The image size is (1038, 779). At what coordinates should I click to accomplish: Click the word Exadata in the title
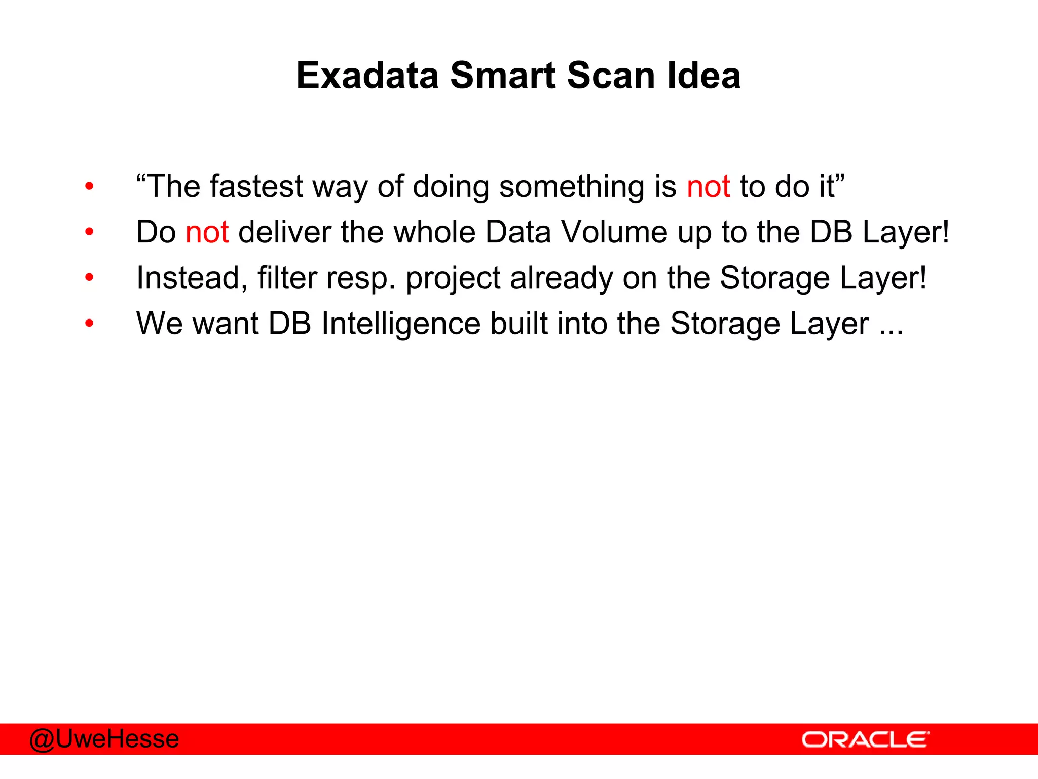(x=367, y=76)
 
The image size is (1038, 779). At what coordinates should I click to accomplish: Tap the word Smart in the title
(x=502, y=76)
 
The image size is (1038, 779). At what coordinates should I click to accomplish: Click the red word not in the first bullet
(x=708, y=186)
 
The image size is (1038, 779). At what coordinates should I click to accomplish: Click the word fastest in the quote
(x=256, y=186)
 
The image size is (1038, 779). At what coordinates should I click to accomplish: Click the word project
(x=453, y=279)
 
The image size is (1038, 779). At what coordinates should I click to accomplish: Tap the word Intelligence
(x=400, y=324)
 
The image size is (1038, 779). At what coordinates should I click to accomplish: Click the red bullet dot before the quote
(x=90, y=187)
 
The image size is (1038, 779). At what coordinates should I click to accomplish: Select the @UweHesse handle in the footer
(x=104, y=739)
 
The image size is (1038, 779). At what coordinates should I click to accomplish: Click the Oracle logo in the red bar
(x=865, y=739)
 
